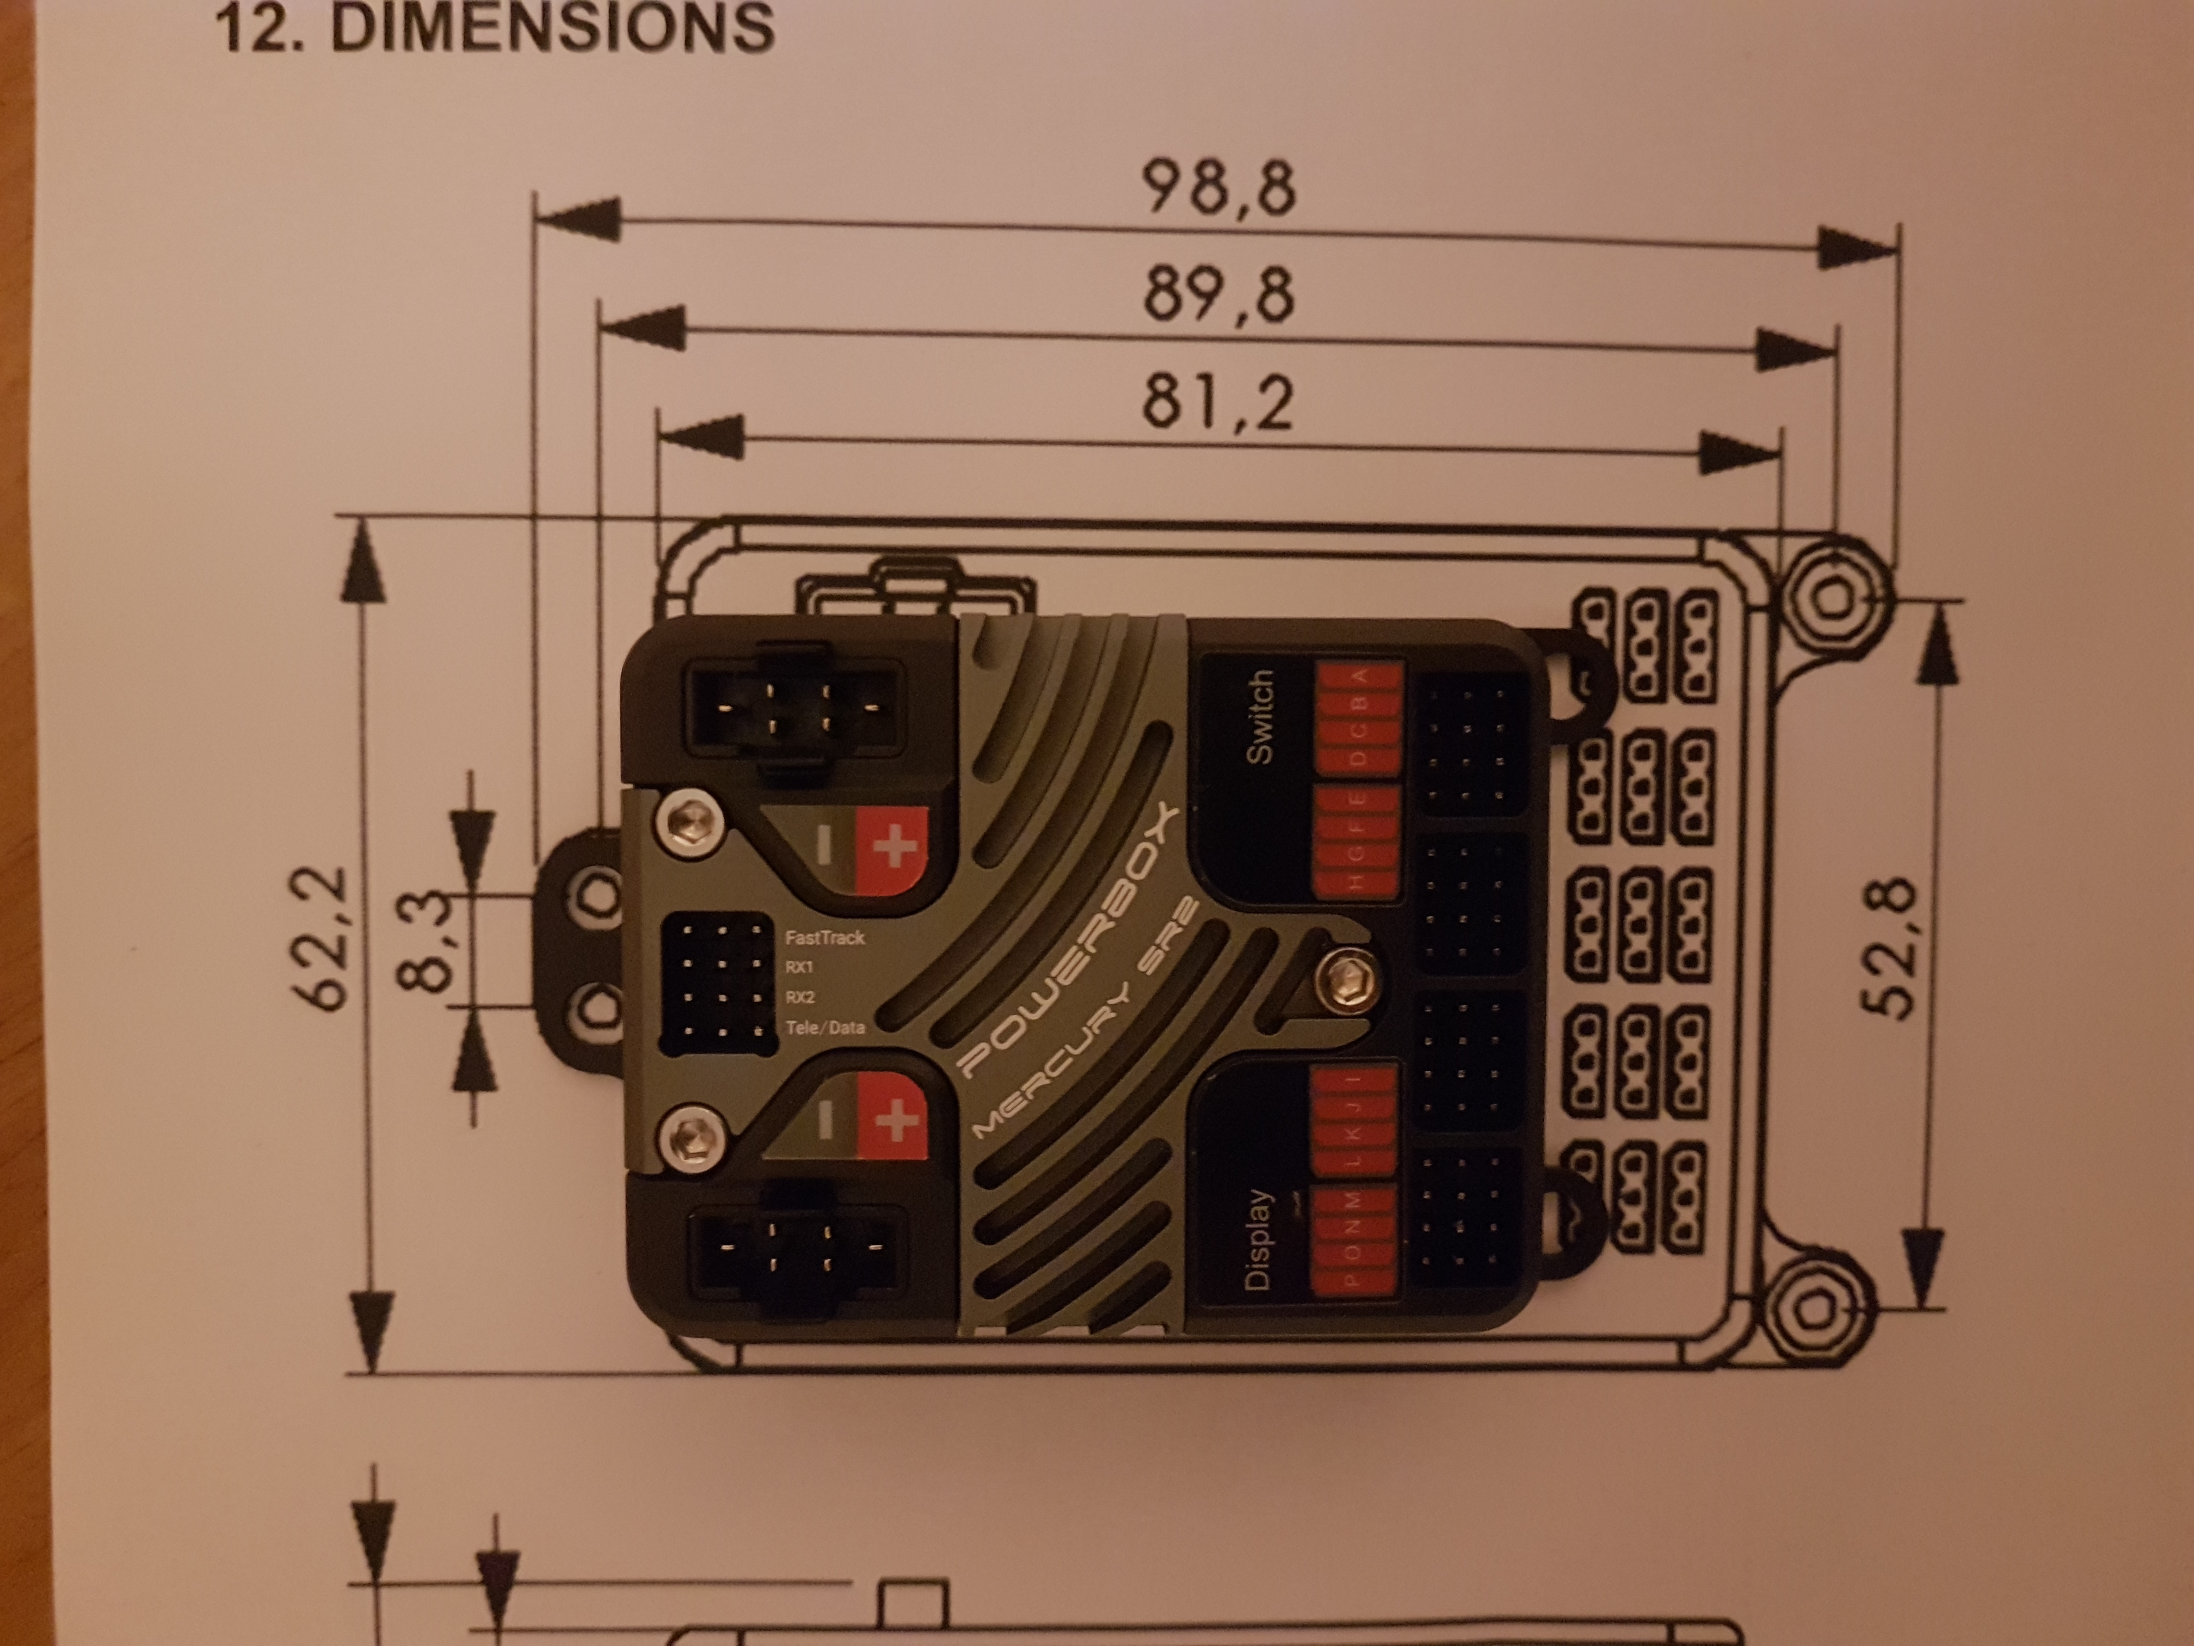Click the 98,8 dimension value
pos(1218,188)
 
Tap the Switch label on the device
pos(1258,716)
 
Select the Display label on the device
pos(1256,1240)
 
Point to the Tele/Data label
pos(824,1028)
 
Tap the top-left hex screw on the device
pos(691,822)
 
